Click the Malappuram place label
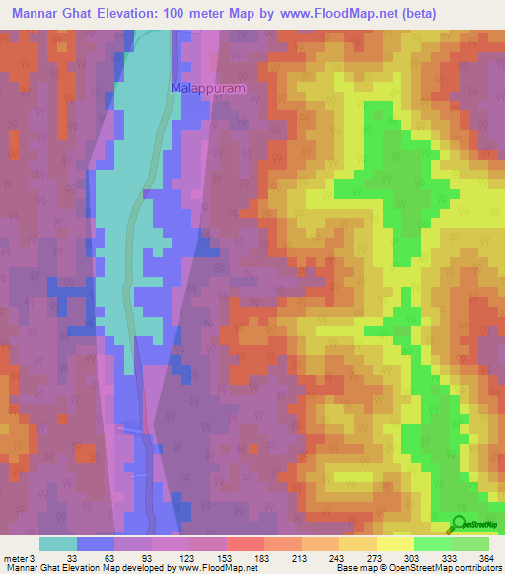(x=207, y=87)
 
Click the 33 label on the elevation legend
(x=71, y=558)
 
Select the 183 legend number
(x=260, y=558)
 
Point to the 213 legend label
(x=299, y=558)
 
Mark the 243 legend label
(x=336, y=558)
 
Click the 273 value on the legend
(x=374, y=558)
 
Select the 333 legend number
(x=450, y=558)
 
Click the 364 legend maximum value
(x=484, y=558)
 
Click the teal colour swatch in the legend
(x=58, y=543)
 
